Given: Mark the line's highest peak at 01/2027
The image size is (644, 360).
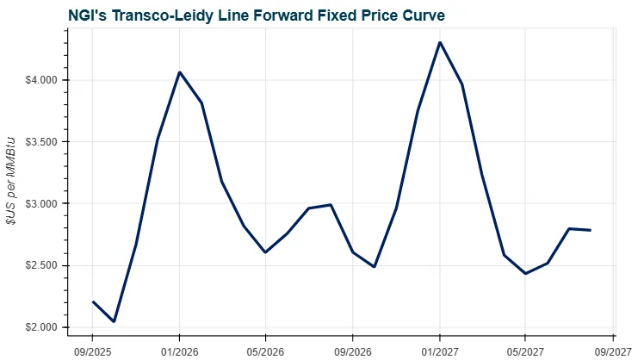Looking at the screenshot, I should [x=440, y=42].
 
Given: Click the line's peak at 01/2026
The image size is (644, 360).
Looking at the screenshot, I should [x=179, y=72].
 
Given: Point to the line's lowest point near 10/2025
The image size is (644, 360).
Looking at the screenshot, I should [x=114, y=322].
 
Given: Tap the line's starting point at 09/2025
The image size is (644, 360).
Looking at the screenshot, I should [x=92, y=302].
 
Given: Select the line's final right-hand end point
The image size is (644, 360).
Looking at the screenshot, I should [x=591, y=230].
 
